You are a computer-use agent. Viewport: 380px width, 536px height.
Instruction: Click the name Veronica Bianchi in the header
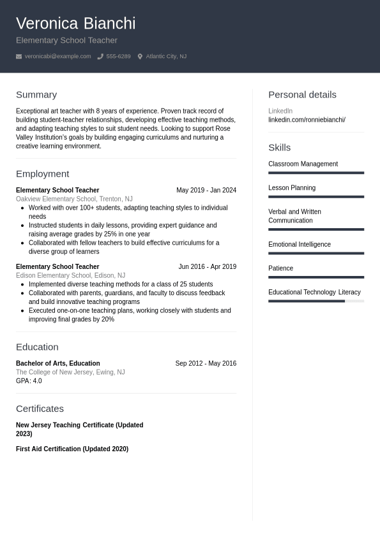(75, 24)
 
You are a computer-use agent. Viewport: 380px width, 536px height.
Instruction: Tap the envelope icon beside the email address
(19, 57)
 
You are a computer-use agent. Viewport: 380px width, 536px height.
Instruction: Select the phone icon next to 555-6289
(100, 57)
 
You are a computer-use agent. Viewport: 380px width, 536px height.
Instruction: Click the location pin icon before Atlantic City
(140, 57)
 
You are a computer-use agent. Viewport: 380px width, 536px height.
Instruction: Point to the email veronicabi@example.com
(57, 57)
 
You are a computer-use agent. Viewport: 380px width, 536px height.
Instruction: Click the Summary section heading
(36, 94)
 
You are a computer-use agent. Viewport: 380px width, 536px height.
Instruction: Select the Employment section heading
(42, 173)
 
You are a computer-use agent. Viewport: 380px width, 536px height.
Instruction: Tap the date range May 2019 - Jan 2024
(206, 190)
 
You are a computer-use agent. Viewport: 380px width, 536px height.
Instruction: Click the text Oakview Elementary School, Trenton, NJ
(74, 199)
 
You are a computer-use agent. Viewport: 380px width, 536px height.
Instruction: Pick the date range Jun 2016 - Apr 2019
(207, 266)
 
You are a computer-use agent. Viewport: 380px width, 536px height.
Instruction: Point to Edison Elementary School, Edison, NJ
(70, 275)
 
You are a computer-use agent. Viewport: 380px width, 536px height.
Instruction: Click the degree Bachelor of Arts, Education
(57, 363)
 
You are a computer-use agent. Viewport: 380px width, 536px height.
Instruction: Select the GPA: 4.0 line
(29, 381)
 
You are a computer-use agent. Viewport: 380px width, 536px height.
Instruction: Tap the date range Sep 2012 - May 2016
(206, 363)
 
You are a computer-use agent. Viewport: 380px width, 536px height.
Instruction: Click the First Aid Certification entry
(72, 449)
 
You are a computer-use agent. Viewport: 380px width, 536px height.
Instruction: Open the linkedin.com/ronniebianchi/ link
(307, 120)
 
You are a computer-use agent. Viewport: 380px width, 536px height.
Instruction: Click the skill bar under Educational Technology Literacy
(316, 301)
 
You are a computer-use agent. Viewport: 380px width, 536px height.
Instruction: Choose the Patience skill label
(280, 268)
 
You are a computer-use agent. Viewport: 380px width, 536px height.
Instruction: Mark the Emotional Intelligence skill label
(300, 244)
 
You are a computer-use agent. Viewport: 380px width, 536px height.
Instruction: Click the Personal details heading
(302, 94)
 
